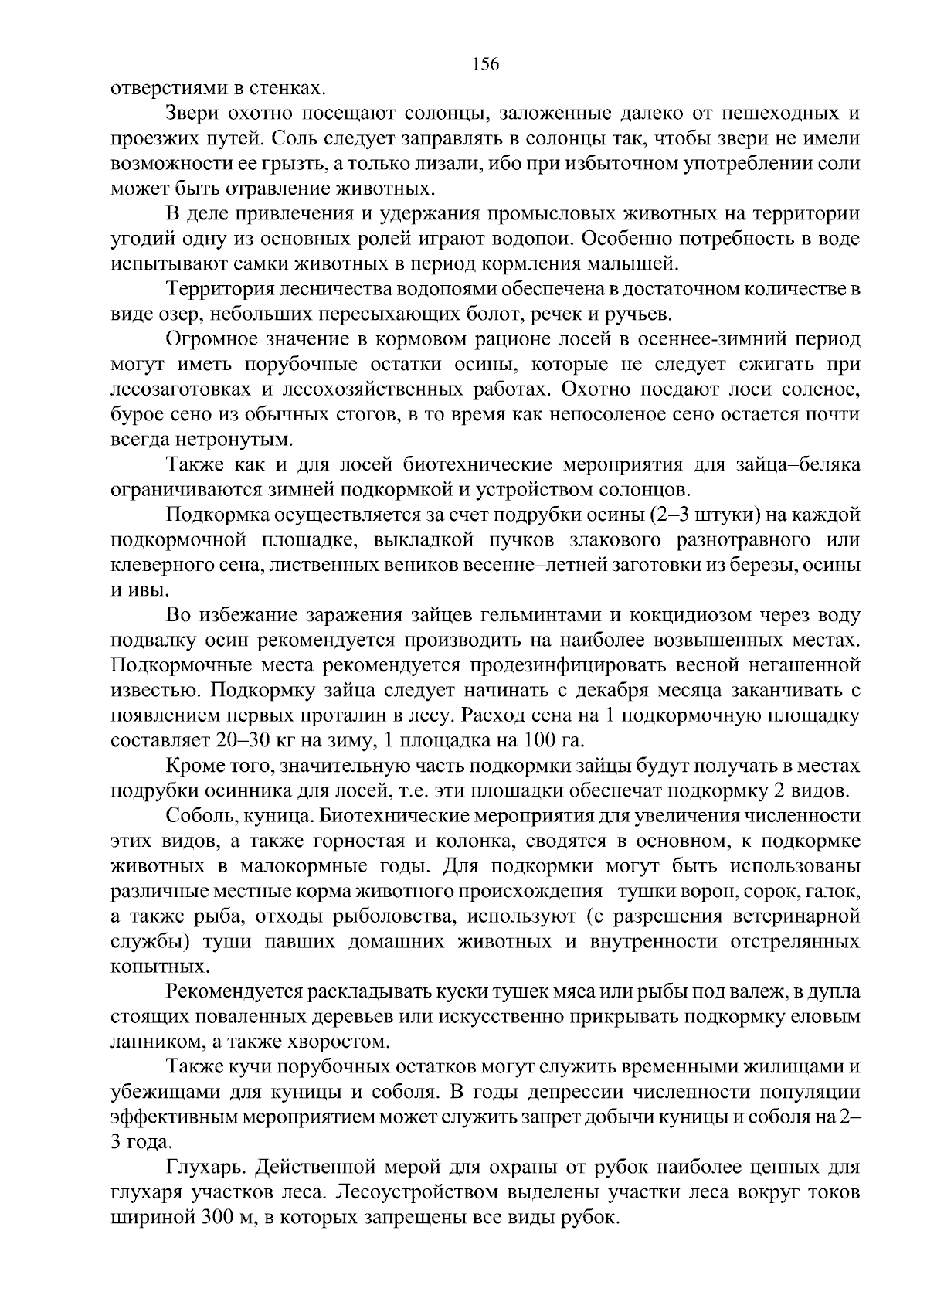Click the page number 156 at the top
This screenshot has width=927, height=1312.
pyautogui.click(x=486, y=64)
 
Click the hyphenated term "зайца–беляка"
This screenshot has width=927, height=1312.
pyautogui.click(x=786, y=464)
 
